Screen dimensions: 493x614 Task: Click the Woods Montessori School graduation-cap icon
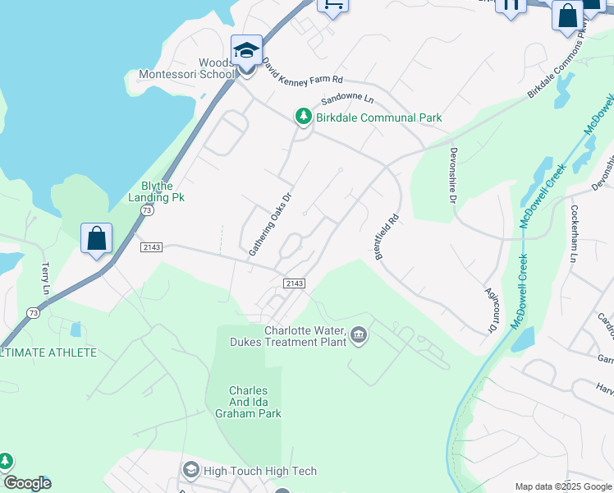click(x=246, y=50)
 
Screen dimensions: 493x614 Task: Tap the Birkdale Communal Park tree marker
click(x=304, y=117)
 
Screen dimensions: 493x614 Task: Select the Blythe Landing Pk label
click(x=157, y=191)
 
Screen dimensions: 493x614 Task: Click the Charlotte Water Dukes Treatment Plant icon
click(x=359, y=334)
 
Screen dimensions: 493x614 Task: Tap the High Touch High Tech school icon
click(x=191, y=470)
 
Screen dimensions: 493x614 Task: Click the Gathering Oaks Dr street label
click(x=270, y=223)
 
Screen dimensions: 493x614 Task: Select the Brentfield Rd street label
click(x=386, y=236)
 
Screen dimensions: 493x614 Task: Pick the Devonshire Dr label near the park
click(x=451, y=174)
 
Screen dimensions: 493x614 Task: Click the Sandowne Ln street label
click(x=346, y=99)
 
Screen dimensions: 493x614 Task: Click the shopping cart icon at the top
click(x=332, y=4)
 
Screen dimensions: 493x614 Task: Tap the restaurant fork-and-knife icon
click(x=511, y=5)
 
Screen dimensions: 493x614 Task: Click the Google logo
click(x=27, y=483)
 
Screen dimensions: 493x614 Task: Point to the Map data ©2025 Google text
click(x=563, y=486)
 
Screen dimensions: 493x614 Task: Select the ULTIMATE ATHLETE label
click(x=49, y=352)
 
